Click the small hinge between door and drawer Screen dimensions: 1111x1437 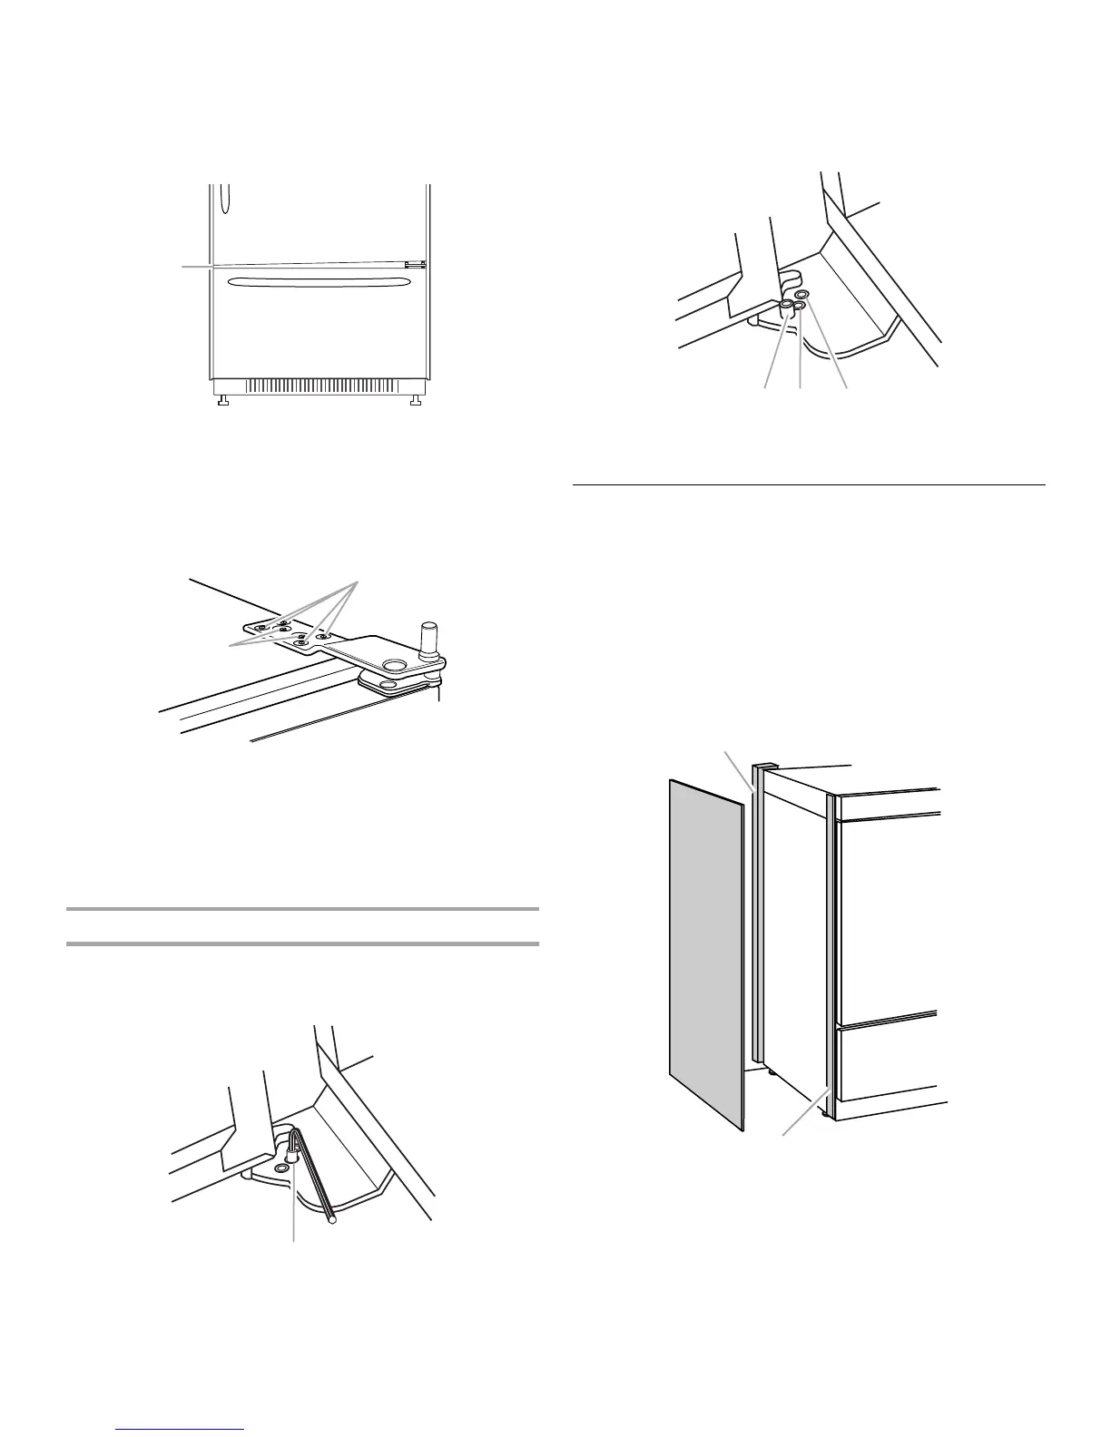coord(415,266)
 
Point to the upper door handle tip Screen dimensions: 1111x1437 coord(226,196)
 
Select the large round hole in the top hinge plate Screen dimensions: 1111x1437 coord(395,667)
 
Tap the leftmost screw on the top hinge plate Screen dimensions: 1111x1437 coord(261,627)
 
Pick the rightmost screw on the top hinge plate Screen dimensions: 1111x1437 coord(321,636)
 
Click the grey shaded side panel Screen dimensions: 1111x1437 coord(705,953)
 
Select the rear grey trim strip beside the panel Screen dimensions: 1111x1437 coord(755,916)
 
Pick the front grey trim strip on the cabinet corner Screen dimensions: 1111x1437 coord(830,943)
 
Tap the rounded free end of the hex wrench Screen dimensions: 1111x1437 coord(334,1220)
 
